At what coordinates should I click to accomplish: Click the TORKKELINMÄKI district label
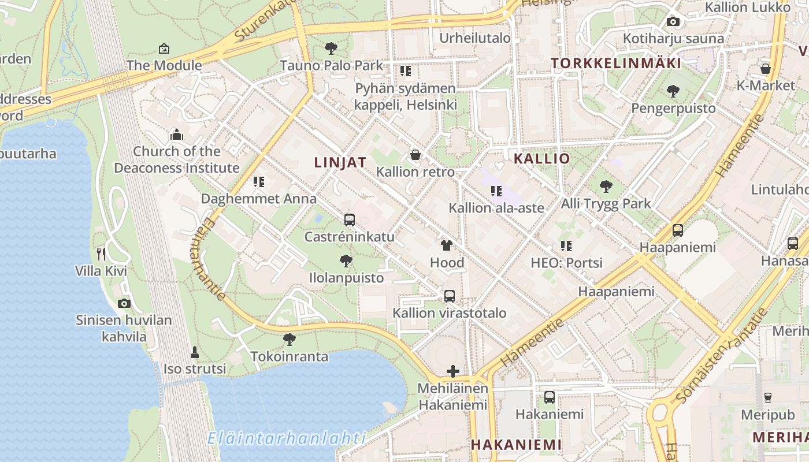point(616,63)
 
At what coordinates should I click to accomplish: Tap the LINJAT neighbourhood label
point(340,162)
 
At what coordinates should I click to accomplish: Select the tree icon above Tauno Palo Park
point(331,48)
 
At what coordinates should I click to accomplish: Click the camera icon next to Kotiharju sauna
point(673,22)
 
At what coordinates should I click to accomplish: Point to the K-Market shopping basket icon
point(766,69)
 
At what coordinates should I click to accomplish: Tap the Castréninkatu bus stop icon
point(349,219)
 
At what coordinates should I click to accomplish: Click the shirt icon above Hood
point(447,245)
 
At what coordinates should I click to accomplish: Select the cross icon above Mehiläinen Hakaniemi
point(453,371)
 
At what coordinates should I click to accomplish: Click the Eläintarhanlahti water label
point(287,438)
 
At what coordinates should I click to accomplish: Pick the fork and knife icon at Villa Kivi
point(101,253)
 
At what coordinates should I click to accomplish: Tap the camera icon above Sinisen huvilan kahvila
point(124,303)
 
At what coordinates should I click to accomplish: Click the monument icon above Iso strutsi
point(195,351)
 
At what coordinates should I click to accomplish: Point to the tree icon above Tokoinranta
point(290,340)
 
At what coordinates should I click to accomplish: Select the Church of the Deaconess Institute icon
point(177,135)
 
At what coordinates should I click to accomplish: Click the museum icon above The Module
point(164,49)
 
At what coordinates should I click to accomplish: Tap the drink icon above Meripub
point(768,397)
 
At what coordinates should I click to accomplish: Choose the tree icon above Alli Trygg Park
point(606,186)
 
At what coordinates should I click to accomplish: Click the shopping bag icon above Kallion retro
point(415,155)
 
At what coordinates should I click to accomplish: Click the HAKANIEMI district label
point(516,445)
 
